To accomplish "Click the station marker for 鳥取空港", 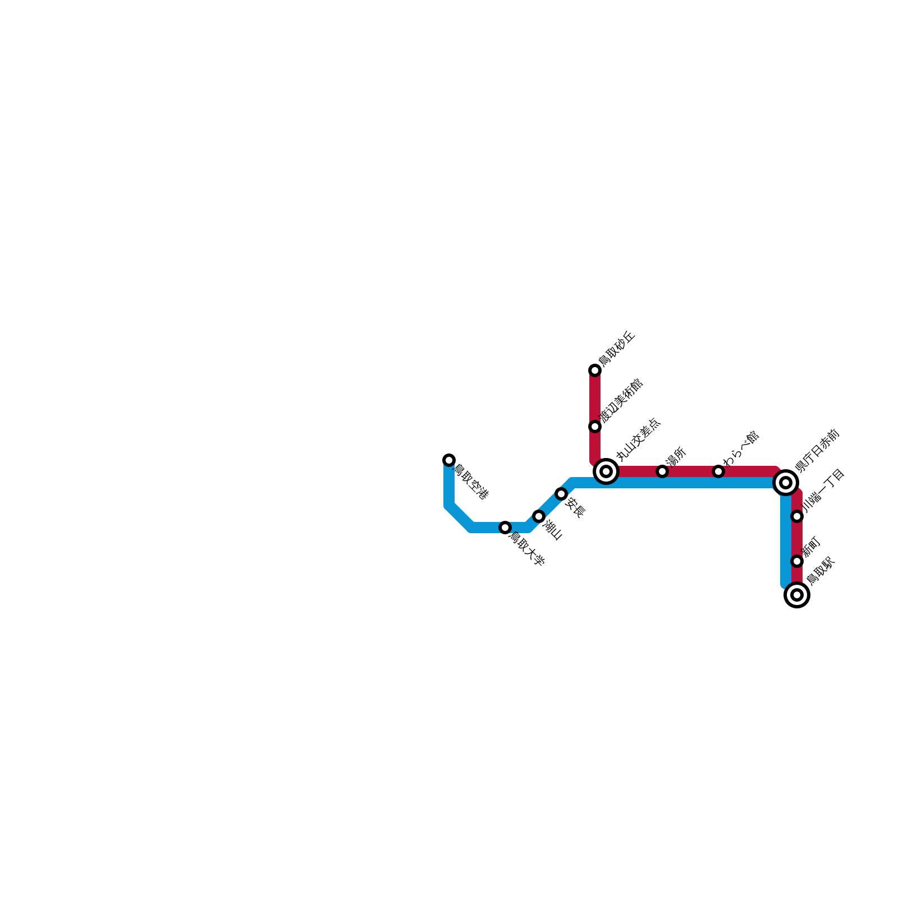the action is click(449, 460).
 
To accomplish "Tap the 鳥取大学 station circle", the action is click(505, 528).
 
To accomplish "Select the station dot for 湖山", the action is click(539, 516).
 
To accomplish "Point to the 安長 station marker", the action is click(561, 494).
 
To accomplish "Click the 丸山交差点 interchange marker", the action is click(606, 471).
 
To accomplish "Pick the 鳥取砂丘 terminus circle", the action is click(595, 370).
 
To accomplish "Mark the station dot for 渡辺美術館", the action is click(595, 427).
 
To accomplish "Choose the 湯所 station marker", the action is click(662, 471).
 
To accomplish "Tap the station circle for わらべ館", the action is click(718, 471).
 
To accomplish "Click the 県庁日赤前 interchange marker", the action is click(786, 483).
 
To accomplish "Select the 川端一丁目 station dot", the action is click(797, 516).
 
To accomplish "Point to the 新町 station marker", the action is click(797, 561).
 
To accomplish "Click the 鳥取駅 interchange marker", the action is click(797, 595).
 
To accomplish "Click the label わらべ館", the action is click(741, 448).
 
